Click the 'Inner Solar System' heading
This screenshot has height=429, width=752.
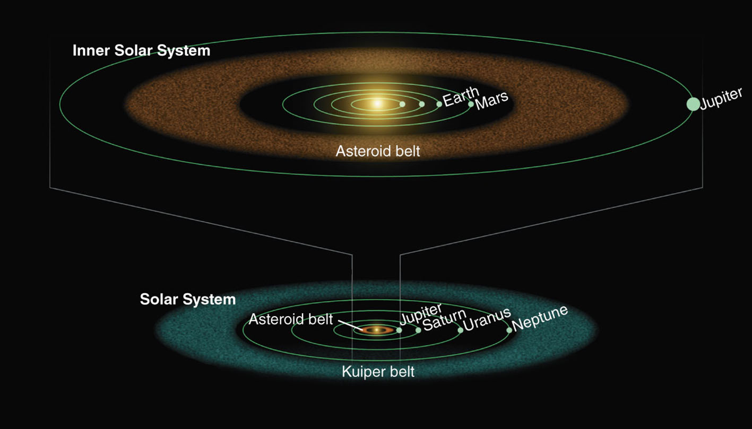pos(141,51)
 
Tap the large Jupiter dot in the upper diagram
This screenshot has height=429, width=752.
pos(693,104)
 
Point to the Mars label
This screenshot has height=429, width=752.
pos(492,100)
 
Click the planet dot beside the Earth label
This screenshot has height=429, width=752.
pos(439,104)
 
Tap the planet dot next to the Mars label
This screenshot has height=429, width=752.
pos(471,104)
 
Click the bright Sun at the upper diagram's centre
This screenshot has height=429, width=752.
pos(377,104)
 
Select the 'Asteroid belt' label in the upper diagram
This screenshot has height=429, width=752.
pos(378,151)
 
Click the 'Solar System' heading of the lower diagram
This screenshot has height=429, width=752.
pos(188,299)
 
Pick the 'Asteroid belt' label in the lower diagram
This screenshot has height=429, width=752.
pos(291,319)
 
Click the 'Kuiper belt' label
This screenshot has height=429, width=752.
pos(378,372)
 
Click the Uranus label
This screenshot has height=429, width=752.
pos(487,319)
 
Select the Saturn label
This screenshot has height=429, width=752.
pos(445,320)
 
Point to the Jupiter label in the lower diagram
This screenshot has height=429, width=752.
pos(421,314)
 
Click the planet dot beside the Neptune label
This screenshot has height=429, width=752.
pos(509,330)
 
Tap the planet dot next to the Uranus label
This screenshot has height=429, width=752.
pos(461,330)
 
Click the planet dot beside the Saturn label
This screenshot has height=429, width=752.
pos(418,330)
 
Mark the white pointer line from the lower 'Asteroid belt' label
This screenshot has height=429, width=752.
pos(350,326)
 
